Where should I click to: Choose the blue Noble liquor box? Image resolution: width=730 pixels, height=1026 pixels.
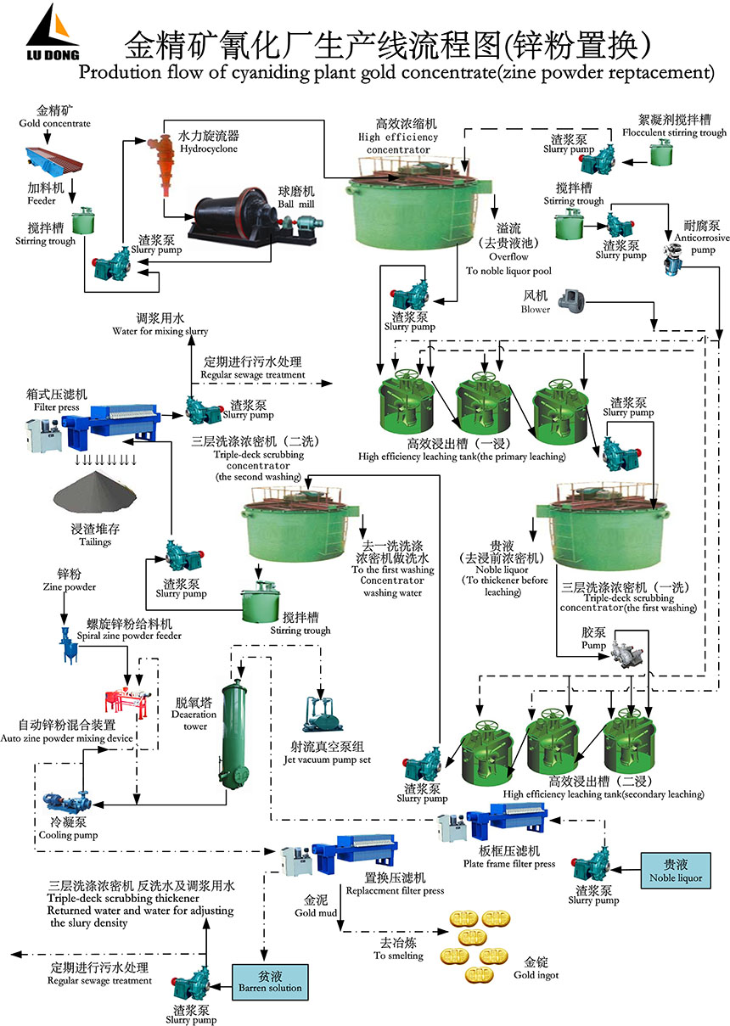coord(676,872)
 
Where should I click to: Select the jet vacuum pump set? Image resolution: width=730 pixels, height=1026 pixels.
coord(322,714)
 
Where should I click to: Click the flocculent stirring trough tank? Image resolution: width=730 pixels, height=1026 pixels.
coord(662,152)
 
